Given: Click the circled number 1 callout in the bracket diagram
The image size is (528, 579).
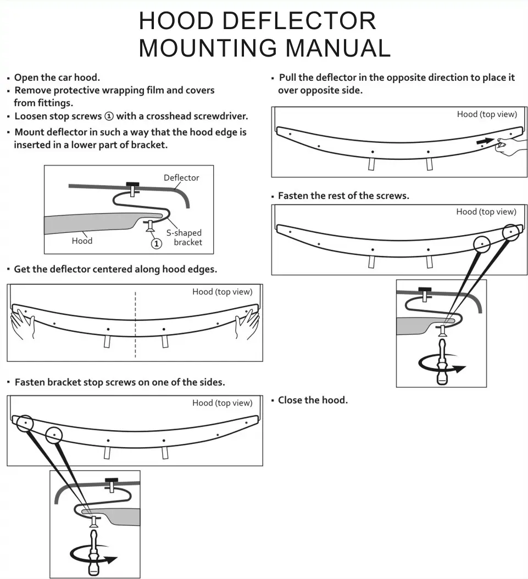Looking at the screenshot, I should point(157,243).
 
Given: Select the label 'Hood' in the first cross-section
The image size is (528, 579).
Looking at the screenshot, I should point(82,241).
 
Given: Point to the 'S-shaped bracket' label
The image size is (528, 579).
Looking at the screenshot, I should point(185,237).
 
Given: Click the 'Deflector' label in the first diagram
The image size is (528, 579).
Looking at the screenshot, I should point(181,178).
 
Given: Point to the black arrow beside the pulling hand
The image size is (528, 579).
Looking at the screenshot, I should point(483,141).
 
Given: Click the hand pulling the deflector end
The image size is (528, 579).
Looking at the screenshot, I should point(510,146).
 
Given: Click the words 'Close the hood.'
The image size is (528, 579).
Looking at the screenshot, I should point(313,400).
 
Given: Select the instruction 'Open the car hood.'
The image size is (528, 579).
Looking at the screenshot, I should point(57,77).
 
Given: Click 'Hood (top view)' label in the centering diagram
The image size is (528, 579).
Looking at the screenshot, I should point(222,292).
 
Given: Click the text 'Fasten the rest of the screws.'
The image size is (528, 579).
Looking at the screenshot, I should point(343,196).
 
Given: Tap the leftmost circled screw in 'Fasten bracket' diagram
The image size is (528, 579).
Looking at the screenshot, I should point(24,423).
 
